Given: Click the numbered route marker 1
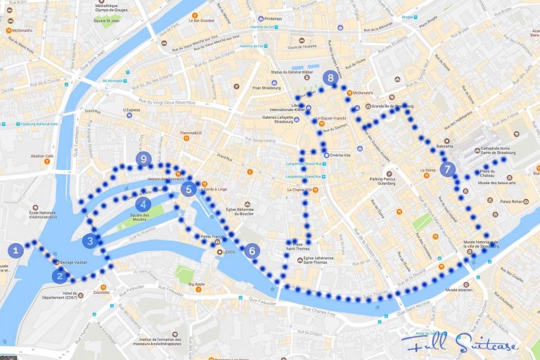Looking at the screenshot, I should pos(16,249).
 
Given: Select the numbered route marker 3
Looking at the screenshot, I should pos(89,240).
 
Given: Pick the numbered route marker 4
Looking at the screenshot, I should pos(145,204).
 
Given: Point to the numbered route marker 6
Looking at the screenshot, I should pos(251,250).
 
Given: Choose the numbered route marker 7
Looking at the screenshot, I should pos(448,169).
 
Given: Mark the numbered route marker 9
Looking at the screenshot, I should pos(143,160).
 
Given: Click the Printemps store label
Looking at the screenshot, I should pos(278,18).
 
